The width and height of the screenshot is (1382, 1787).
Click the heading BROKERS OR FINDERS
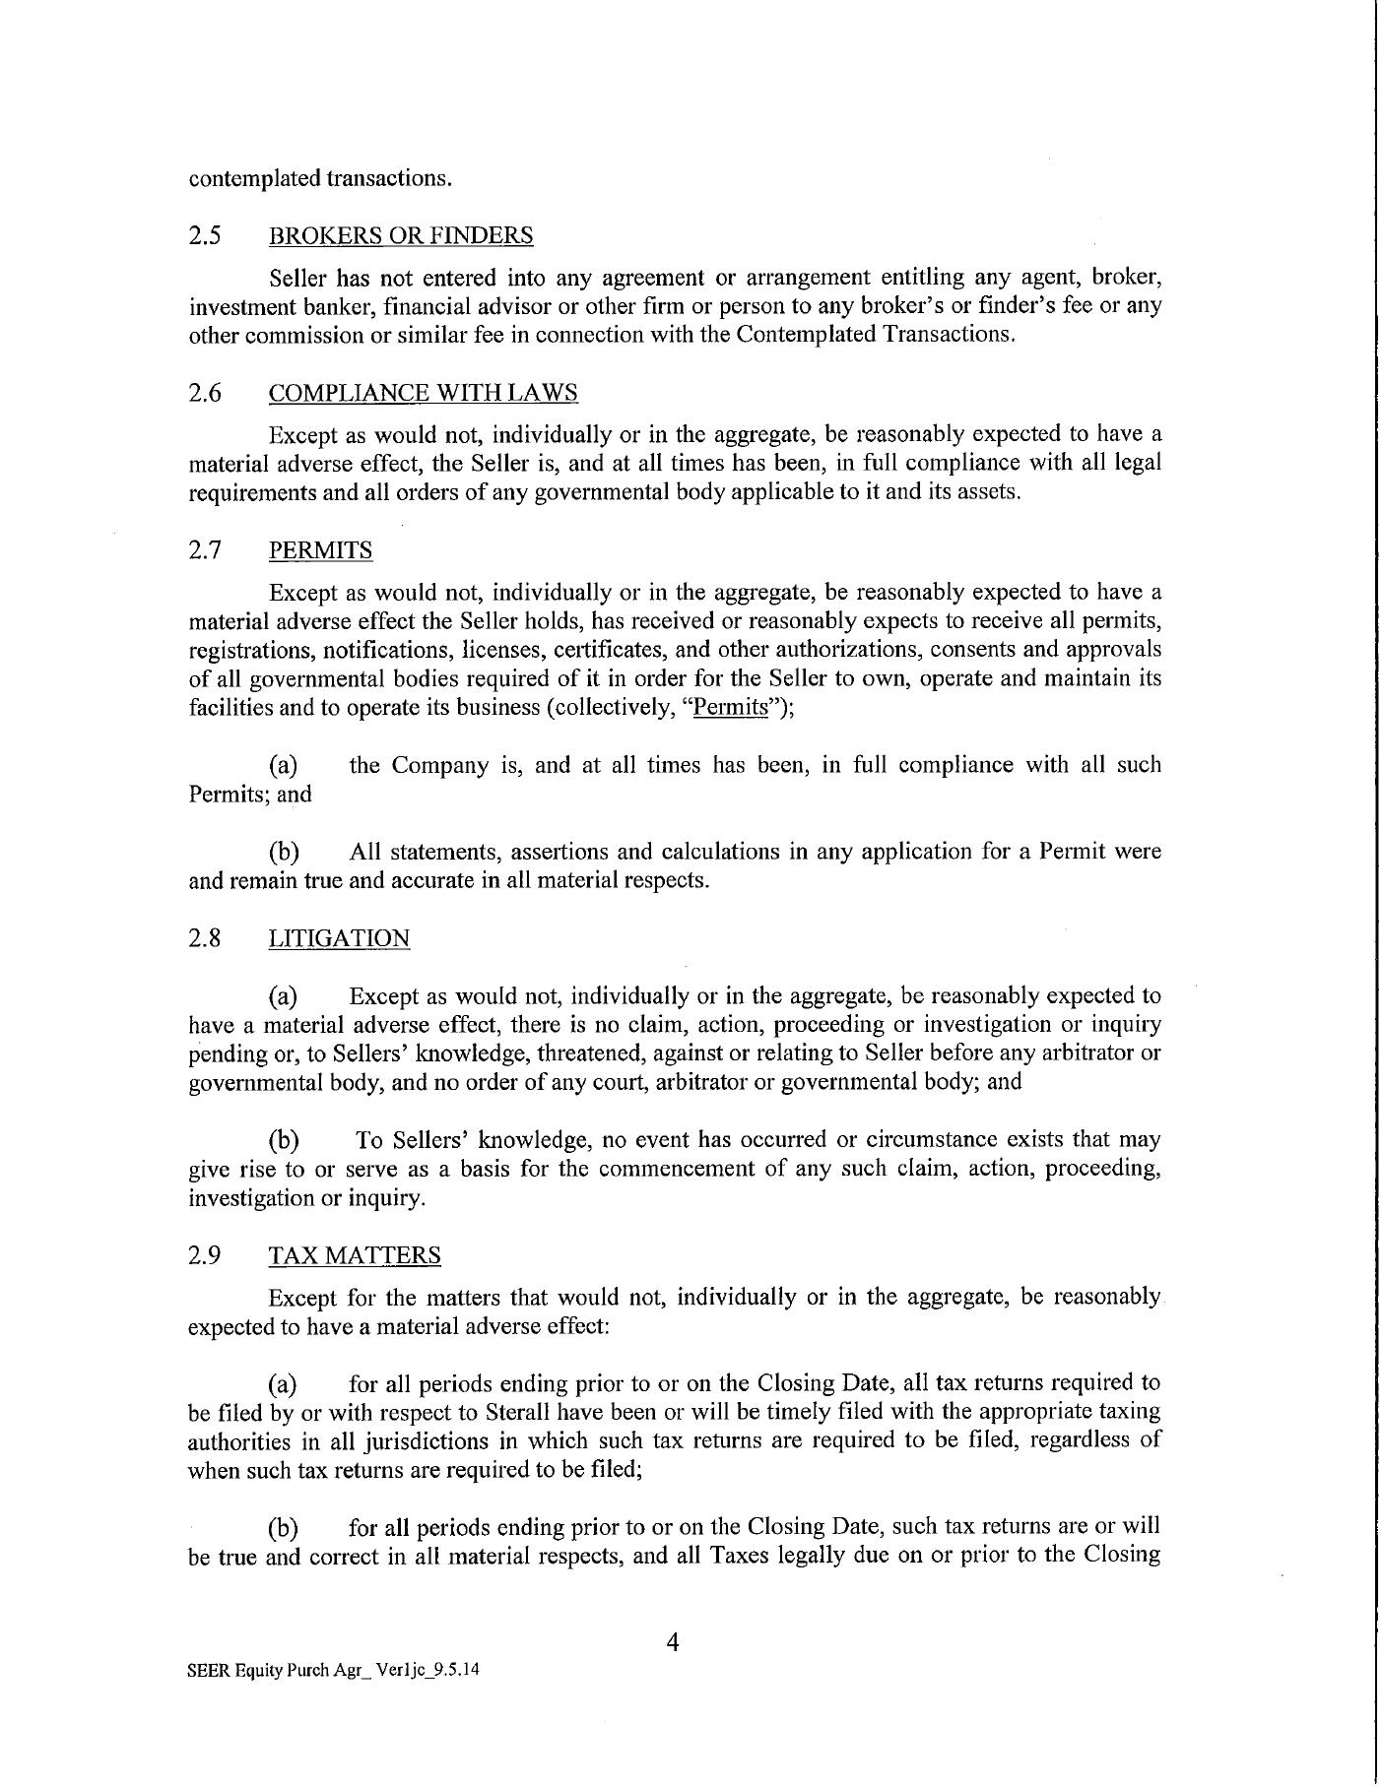(400, 235)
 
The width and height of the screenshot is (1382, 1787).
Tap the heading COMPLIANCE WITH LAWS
(423, 393)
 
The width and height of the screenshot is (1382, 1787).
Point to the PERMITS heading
(320, 549)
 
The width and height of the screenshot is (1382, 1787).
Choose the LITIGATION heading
(339, 938)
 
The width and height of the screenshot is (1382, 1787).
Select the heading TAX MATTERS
(355, 1255)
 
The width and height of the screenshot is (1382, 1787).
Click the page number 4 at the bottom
(674, 1641)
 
